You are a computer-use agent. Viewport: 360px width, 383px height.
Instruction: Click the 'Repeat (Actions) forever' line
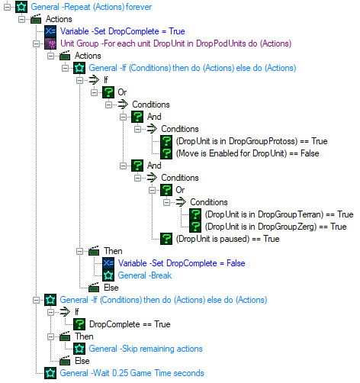click(x=91, y=7)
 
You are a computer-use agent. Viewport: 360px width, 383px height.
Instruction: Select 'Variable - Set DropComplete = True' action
click(x=122, y=31)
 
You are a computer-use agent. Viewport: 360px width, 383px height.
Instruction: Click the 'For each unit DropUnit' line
click(x=175, y=43)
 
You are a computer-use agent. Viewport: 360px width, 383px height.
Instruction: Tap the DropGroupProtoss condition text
click(x=252, y=141)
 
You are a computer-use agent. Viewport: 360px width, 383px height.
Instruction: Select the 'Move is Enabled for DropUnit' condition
click(x=247, y=153)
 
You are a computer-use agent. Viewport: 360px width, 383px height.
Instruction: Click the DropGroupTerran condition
click(x=279, y=214)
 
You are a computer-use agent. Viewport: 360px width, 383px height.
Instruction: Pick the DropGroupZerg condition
click(x=275, y=227)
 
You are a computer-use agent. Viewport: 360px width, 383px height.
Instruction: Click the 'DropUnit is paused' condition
click(x=227, y=239)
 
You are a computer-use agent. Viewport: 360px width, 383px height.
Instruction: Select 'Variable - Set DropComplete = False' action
click(x=182, y=263)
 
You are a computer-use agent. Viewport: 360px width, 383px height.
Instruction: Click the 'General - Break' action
click(x=145, y=275)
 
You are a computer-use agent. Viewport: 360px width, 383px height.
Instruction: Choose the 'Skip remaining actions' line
click(x=146, y=349)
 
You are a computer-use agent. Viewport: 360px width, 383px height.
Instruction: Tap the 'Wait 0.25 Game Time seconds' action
click(x=132, y=373)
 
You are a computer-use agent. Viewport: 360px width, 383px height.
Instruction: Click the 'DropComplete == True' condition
click(x=130, y=324)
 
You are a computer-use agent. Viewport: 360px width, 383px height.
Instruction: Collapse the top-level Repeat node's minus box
click(x=7, y=7)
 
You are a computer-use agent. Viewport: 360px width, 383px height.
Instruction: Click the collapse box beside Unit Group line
click(x=36, y=43)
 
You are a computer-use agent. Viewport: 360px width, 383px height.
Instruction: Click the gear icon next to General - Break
click(x=108, y=275)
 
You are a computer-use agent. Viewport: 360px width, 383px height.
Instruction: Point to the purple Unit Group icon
click(x=50, y=43)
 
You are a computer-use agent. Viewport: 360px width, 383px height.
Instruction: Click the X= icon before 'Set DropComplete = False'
click(x=108, y=263)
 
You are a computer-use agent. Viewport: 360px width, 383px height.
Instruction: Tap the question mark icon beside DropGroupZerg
click(x=195, y=227)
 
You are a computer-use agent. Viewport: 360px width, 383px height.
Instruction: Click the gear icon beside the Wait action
click(x=50, y=373)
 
